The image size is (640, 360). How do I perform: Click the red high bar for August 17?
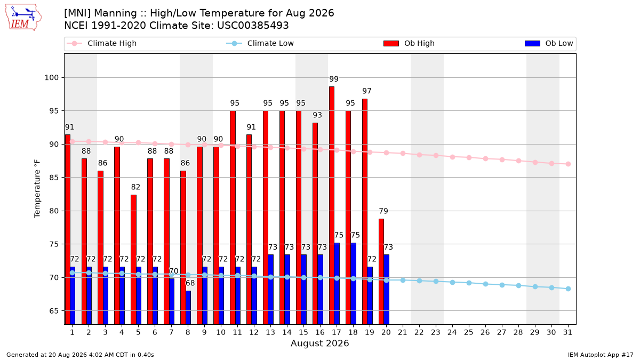pos(332,205)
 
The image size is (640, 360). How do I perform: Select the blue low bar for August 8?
pos(188,307)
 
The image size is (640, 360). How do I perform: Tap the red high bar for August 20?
pos(381,271)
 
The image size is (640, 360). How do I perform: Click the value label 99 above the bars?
pos(334,79)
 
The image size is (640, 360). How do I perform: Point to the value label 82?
pos(135,187)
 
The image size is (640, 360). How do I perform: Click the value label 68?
pos(190,283)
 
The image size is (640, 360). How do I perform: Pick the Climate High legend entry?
pos(102,43)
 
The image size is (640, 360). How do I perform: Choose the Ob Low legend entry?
pos(549,43)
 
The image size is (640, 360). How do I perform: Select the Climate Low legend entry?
pos(260,43)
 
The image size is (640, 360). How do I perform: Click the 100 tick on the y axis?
pos(51,78)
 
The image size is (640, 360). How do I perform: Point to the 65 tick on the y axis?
pos(54,311)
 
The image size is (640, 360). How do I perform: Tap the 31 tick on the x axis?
pos(567,333)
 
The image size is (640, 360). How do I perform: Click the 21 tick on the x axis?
pos(403,333)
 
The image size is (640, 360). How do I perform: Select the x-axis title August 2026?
pos(319,343)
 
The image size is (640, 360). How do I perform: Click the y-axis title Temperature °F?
pos(37,189)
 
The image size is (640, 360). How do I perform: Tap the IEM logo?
pos(23,17)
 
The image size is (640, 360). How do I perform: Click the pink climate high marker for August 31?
pos(569,164)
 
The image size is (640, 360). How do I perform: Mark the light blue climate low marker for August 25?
pos(469,283)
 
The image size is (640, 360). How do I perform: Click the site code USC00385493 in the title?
pos(253,26)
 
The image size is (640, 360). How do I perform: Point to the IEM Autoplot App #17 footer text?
pos(601,355)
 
